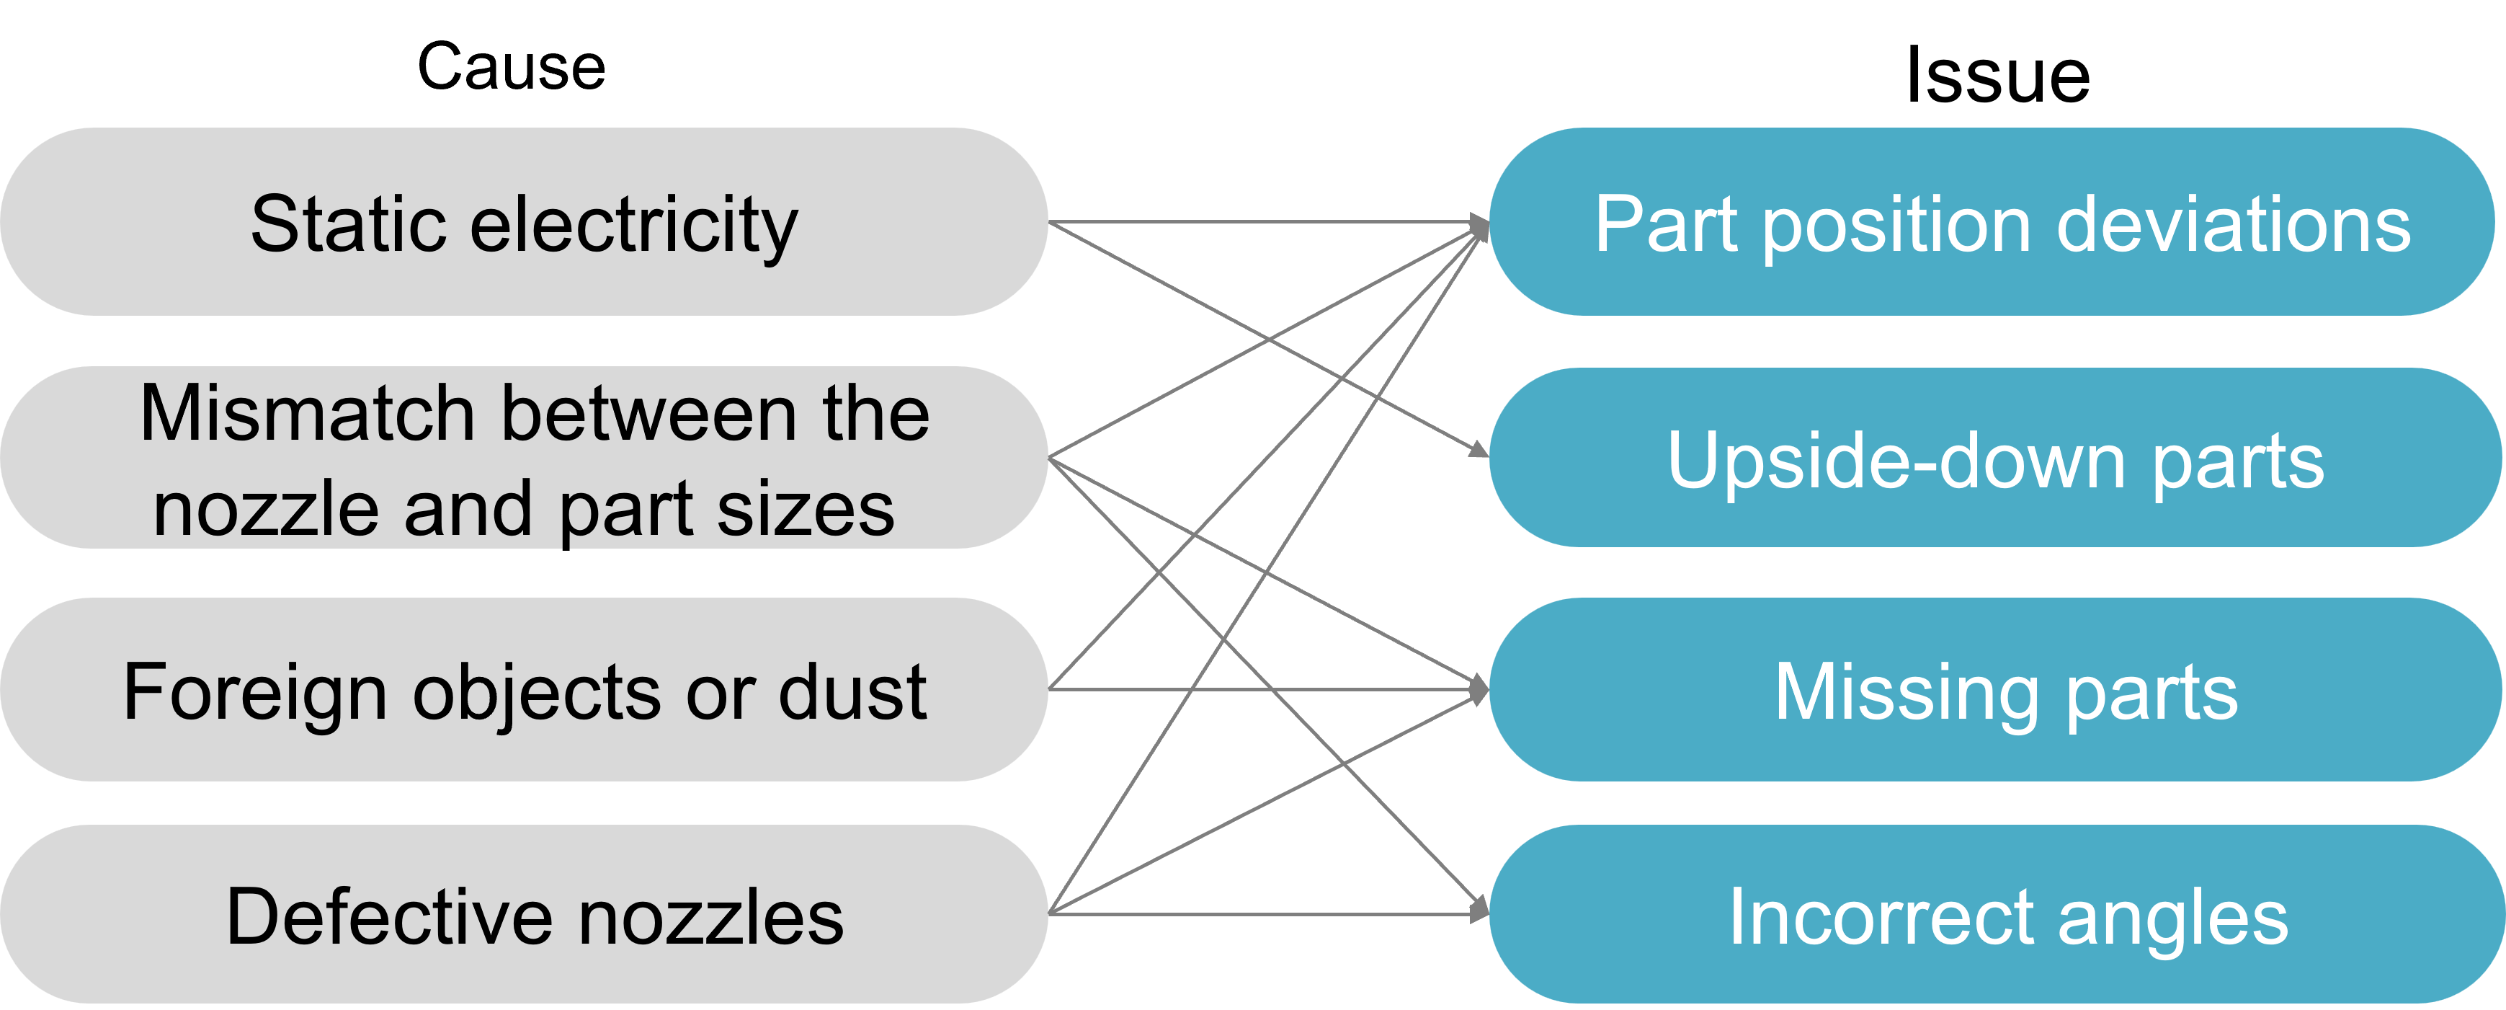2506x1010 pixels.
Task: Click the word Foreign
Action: [x=255, y=692]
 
